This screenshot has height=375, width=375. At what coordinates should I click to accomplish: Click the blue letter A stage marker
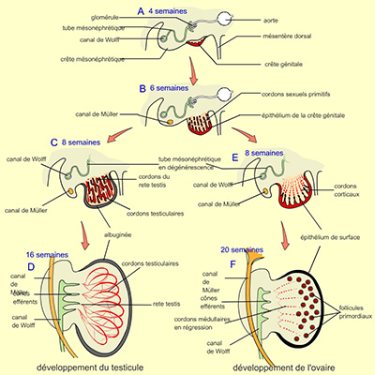coord(141,10)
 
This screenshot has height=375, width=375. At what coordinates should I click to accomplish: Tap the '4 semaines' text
coord(168,11)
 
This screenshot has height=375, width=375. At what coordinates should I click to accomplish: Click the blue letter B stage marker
coord(143,87)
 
